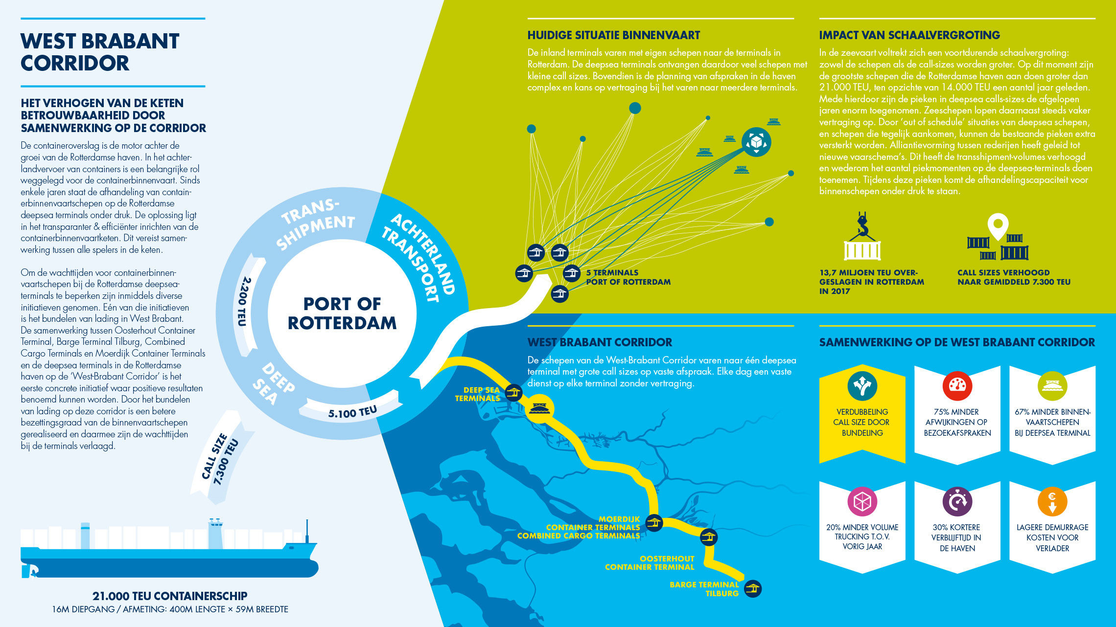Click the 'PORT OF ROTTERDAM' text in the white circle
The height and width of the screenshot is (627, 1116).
[342, 313]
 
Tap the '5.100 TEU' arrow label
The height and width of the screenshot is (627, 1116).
[352, 412]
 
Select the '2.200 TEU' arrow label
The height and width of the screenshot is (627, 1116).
[244, 302]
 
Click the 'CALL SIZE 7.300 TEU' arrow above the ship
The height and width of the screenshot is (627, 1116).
[222, 457]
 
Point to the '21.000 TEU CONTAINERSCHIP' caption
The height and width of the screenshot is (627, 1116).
[170, 596]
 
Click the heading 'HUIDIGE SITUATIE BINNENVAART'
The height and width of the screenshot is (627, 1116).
[613, 35]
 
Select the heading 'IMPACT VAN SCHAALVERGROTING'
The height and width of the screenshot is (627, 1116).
[909, 35]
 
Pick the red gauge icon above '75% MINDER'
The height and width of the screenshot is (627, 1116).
[957, 386]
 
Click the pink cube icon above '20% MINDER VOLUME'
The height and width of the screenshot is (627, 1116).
[862, 501]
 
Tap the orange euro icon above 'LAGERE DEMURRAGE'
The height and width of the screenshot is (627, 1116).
[1052, 501]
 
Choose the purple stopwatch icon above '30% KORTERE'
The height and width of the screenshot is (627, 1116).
[957, 501]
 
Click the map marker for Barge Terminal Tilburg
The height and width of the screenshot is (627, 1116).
[752, 588]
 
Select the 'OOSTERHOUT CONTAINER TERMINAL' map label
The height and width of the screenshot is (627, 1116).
[650, 563]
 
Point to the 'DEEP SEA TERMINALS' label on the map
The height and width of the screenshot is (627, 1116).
[477, 394]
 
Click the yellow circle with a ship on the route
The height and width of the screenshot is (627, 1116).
[539, 408]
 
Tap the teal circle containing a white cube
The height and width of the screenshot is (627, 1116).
[756, 142]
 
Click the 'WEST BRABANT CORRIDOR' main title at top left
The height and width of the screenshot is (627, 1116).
[100, 52]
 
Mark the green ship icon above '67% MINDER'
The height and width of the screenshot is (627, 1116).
[1052, 386]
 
